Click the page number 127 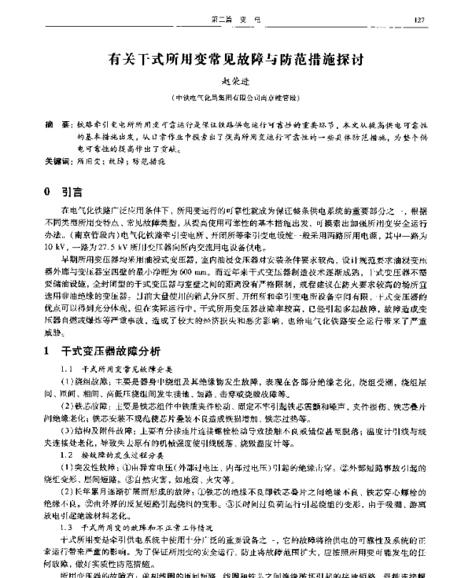(x=442, y=18)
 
